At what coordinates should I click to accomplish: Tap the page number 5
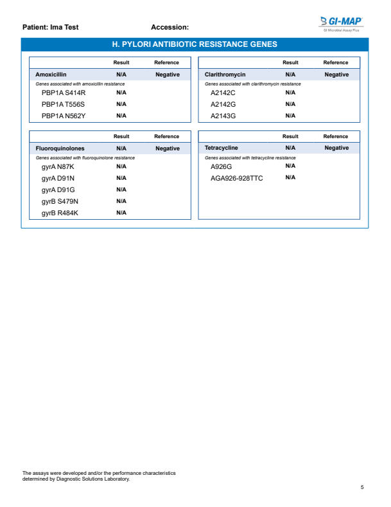(362, 486)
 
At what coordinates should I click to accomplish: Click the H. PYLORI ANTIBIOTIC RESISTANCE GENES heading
(195, 44)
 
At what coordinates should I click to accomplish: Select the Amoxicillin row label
(51, 75)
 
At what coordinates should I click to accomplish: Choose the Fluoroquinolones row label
(60, 148)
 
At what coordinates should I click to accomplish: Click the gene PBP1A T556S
(64, 104)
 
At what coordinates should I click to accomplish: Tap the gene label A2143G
(223, 116)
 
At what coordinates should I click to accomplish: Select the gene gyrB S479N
(60, 201)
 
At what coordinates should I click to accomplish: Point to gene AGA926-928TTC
(237, 178)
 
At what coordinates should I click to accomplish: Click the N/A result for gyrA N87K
(121, 166)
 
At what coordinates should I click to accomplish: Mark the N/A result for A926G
(290, 166)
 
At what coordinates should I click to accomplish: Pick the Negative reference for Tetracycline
(336, 148)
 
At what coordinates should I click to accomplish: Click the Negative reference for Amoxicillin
(168, 75)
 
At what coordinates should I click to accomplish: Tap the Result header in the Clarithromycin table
(290, 62)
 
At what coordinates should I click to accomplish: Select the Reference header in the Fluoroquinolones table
(166, 136)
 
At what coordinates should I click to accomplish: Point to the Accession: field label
(169, 28)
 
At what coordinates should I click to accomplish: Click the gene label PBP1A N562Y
(64, 116)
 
